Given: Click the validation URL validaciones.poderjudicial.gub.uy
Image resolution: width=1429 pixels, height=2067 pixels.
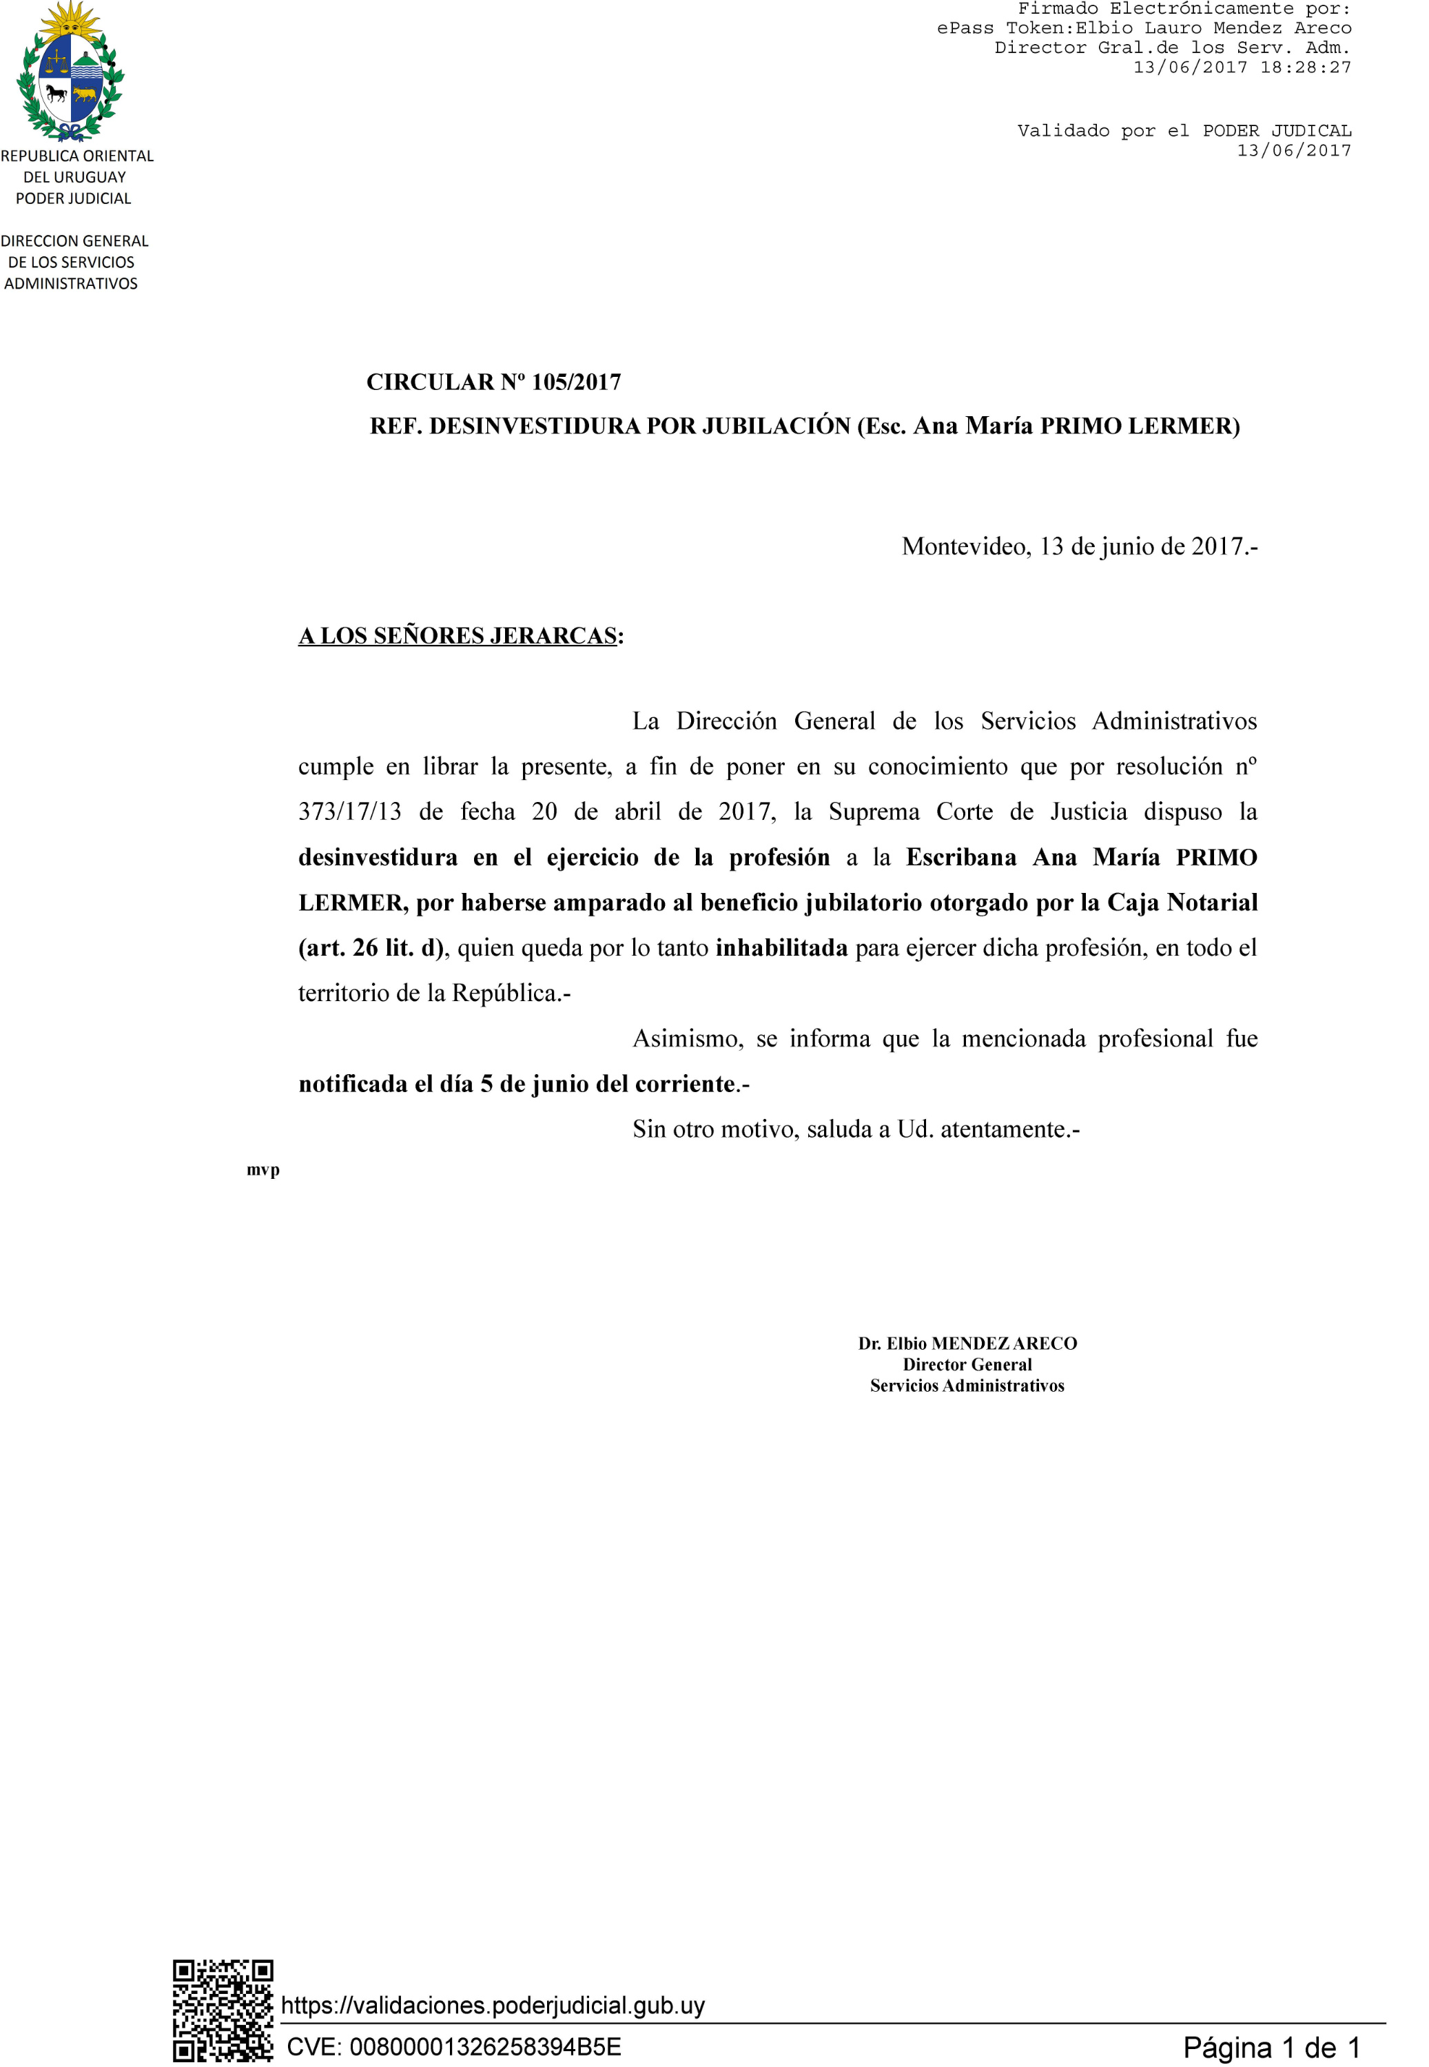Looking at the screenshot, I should click(x=493, y=2005).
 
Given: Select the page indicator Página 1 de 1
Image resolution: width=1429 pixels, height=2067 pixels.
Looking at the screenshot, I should click(x=1271, y=2047).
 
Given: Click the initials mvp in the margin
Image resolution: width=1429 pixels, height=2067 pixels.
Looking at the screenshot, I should click(x=263, y=1170).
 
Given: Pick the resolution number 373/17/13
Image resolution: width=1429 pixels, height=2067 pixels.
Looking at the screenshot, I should click(x=350, y=812).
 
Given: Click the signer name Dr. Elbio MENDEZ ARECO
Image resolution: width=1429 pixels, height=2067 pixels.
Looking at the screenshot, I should click(x=967, y=1343).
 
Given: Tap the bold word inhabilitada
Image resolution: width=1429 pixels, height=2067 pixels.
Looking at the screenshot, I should click(x=781, y=948).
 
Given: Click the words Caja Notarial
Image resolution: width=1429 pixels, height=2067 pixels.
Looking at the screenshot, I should click(x=1182, y=903).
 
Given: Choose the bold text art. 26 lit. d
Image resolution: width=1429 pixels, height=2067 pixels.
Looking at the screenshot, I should click(x=371, y=948).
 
